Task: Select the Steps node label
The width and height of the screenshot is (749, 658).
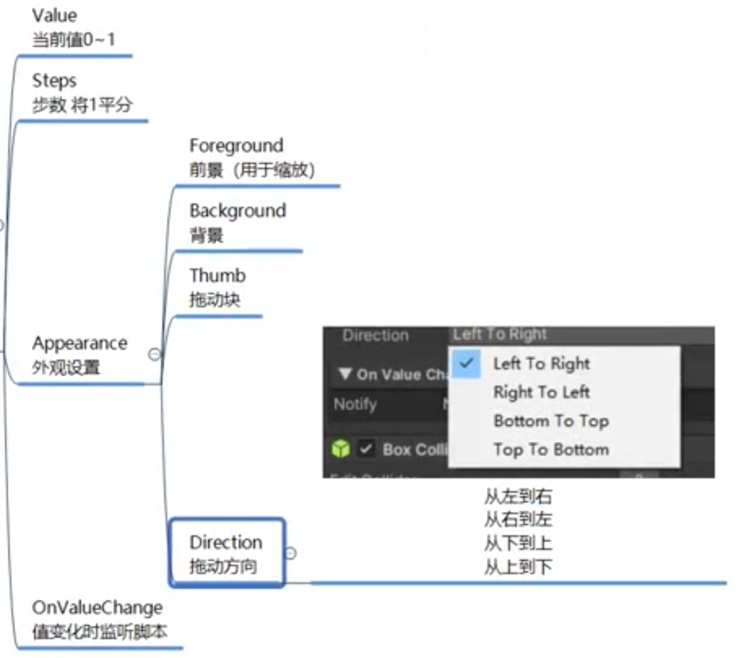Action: pos(54,81)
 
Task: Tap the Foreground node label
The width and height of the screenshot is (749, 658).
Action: pos(236,146)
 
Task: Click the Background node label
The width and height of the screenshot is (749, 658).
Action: pos(237,211)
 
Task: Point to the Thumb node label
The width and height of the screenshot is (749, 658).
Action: pos(217,276)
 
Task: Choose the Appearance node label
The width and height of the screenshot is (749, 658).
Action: pos(80,343)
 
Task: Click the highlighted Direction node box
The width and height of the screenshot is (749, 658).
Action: pos(227,553)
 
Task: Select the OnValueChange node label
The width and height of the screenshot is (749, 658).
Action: pos(97,608)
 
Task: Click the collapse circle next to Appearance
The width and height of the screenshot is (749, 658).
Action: pos(154,354)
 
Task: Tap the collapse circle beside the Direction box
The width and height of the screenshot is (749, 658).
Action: pos(291,553)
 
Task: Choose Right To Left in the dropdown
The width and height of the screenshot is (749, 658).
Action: pos(541,392)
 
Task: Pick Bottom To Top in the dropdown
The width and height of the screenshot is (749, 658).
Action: pos(551,421)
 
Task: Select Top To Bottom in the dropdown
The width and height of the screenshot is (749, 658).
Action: pos(551,449)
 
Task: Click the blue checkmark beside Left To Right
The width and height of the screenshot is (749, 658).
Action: pos(466,363)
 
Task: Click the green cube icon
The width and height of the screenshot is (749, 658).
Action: pos(340,449)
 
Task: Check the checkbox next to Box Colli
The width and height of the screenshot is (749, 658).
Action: pos(366,449)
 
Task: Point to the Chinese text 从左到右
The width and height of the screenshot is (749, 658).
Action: pos(518,496)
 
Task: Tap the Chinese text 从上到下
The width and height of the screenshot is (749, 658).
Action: pos(518,566)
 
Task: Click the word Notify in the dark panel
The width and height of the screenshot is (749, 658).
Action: pos(355,404)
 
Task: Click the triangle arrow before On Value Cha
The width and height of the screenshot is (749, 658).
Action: pos(345,375)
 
